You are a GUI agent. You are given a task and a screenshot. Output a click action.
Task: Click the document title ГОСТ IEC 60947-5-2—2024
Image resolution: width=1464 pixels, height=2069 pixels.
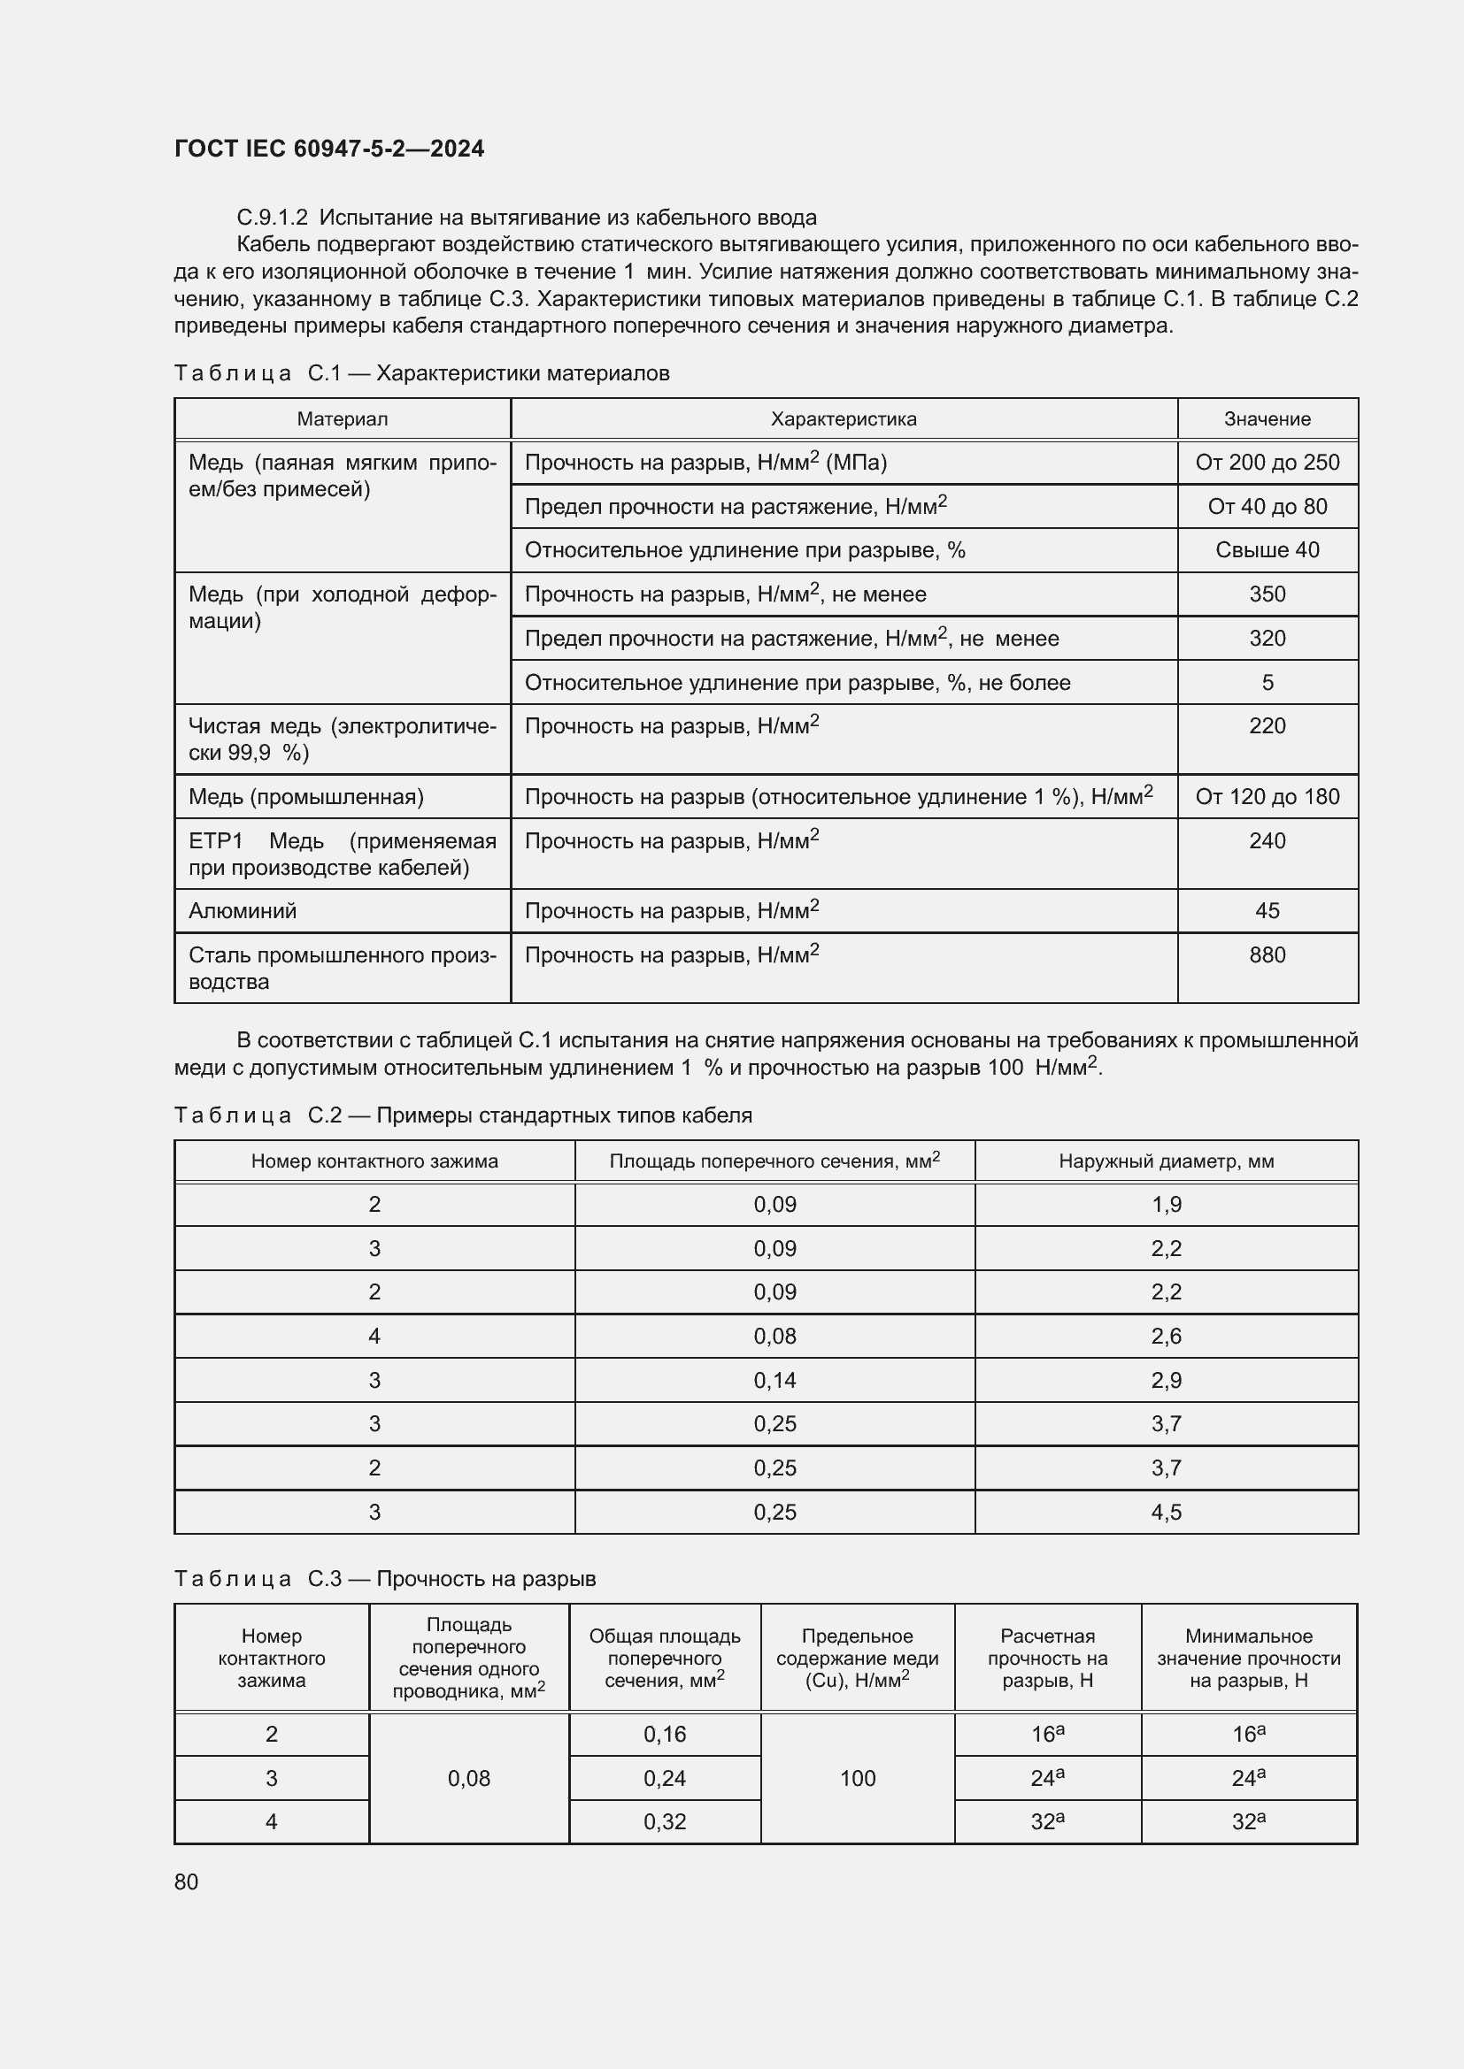click(x=329, y=149)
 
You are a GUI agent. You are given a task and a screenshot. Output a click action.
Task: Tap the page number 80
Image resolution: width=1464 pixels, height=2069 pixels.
click(x=186, y=1881)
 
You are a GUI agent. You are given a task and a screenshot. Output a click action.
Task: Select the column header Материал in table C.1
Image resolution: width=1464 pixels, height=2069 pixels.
click(x=343, y=419)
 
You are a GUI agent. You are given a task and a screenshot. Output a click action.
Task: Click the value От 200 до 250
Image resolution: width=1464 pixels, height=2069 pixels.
click(x=1267, y=463)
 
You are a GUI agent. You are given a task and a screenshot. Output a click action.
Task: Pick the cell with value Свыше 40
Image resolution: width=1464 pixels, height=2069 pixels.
click(x=1267, y=549)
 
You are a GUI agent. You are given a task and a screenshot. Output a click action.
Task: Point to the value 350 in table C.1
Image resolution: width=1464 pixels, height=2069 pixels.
click(x=1267, y=594)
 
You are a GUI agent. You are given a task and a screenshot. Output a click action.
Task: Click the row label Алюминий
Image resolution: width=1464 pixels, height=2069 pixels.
click(x=243, y=911)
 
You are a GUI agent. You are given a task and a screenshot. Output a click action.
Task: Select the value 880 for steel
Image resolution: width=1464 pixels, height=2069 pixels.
click(x=1267, y=955)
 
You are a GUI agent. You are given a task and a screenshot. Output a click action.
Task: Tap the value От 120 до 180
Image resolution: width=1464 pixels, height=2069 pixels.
click(x=1267, y=797)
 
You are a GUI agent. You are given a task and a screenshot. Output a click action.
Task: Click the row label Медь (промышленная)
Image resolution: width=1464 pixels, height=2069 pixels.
click(x=305, y=797)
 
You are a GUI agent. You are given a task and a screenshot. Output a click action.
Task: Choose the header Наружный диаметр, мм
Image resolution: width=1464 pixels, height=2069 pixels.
click(x=1166, y=1161)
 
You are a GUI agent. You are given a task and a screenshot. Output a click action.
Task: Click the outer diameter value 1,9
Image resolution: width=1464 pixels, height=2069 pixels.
click(x=1166, y=1205)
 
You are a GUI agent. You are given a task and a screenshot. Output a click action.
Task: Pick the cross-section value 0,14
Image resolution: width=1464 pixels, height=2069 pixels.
click(x=774, y=1381)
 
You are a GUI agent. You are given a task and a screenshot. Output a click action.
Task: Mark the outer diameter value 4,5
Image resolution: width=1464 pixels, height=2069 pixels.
click(x=1166, y=1512)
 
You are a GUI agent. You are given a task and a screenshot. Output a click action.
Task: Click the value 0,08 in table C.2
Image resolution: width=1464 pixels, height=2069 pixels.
click(x=774, y=1337)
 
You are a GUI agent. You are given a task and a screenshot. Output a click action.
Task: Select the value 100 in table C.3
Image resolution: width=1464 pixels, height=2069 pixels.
click(x=858, y=1778)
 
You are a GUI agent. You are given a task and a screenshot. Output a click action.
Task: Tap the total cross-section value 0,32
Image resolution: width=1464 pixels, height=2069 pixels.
click(x=665, y=1822)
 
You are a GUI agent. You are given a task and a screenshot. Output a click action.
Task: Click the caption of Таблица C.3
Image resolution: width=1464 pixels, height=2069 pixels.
click(x=385, y=1579)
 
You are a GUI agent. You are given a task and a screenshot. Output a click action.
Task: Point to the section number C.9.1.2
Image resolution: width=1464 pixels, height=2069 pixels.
click(x=273, y=218)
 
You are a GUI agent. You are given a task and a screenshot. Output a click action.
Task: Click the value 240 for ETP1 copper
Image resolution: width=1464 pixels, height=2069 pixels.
click(x=1267, y=840)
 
